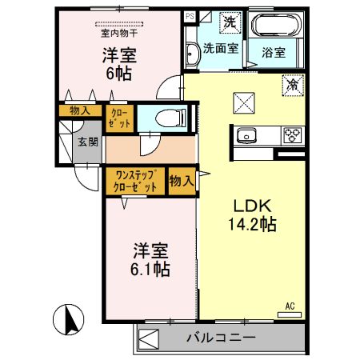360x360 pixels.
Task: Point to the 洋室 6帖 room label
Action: [x=118, y=63]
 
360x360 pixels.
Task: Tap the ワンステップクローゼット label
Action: [x=134, y=180]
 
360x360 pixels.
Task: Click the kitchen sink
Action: [x=246, y=134]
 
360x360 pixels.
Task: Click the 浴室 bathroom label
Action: [x=281, y=53]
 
